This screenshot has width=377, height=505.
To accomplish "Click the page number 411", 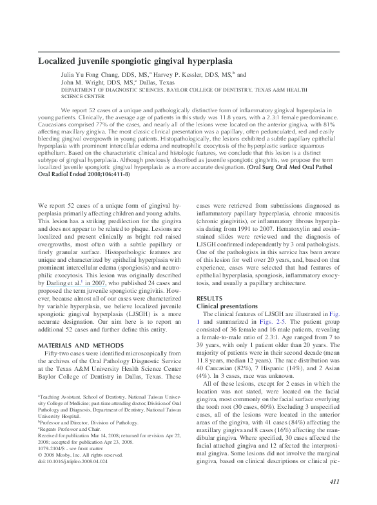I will [x=334, y=482].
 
